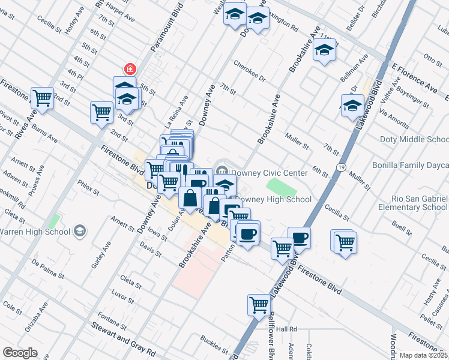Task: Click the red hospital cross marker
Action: coord(128,69)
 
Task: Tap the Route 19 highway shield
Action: coord(340,167)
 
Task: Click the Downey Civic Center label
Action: coord(270,173)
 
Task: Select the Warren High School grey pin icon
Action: coord(79,231)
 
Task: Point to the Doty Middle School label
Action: coord(414,140)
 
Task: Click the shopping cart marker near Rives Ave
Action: coord(42,97)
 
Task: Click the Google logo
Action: coord(20,353)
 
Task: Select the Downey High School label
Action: coord(273,200)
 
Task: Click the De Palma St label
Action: coord(47,269)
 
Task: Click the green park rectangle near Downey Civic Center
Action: coord(277,185)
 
